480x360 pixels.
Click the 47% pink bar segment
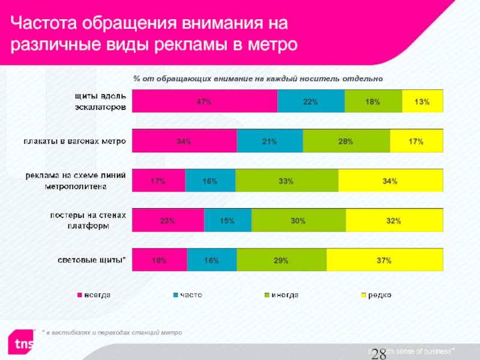coord(204,102)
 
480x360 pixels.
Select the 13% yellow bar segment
coord(422,102)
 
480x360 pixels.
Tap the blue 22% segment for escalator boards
coord(311,102)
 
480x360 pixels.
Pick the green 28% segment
coord(346,142)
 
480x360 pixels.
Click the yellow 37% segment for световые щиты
coord(385,260)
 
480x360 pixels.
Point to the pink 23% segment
coord(168,221)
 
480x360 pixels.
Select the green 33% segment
coord(287,181)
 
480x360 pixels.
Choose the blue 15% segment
coord(227,221)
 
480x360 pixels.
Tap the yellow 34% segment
coord(391,181)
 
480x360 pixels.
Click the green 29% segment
coord(281,260)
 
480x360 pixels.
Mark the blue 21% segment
coord(270,142)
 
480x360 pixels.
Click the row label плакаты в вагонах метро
coord(74,142)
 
